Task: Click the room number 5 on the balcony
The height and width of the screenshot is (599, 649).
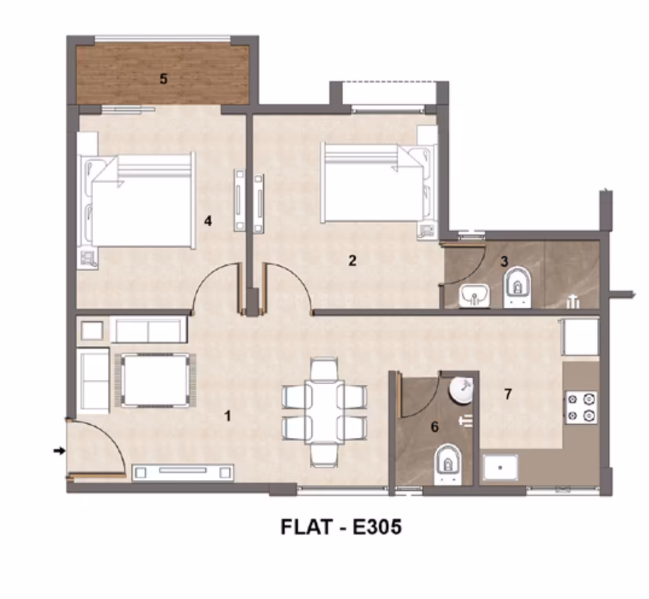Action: pos(163,78)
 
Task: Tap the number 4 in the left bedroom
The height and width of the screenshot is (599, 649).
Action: pos(208,221)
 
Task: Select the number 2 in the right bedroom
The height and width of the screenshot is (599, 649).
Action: pos(352,261)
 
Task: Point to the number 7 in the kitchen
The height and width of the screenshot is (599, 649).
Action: pos(508,395)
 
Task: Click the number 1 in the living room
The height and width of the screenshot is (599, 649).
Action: pos(227,416)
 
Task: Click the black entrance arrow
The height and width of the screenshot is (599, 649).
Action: pos(60,450)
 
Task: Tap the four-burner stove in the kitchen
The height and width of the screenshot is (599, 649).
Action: pos(581,408)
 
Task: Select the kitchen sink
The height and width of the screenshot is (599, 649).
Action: pos(501,467)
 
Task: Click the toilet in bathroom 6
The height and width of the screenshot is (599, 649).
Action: pos(448,463)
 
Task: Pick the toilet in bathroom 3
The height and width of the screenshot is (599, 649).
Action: pos(517,287)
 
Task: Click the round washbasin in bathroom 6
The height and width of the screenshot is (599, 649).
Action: pos(461,390)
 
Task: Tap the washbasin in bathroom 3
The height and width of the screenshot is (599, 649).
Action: pos(474,296)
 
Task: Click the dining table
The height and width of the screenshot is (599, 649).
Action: pos(324,412)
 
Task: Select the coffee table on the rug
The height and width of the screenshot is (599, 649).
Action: pos(155,380)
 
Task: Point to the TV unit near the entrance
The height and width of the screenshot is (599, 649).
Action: pos(183,472)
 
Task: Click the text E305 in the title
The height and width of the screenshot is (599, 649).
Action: pos(377,527)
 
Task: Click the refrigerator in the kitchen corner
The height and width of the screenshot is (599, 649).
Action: pos(580,337)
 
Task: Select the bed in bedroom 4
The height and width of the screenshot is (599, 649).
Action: pos(138,200)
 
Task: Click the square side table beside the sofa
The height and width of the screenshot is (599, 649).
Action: pos(92,330)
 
